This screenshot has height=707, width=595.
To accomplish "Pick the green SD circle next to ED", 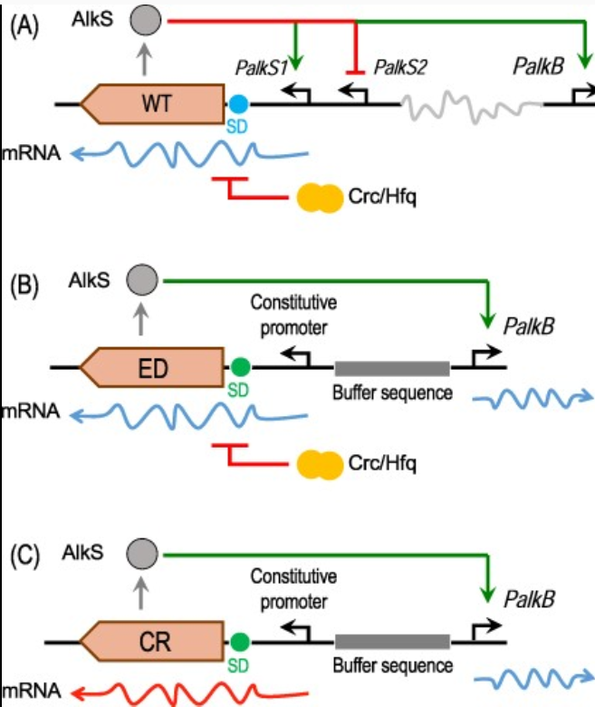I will (240, 368).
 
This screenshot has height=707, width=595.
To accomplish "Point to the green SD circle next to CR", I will (240, 642).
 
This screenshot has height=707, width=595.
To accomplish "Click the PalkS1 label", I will (259, 66).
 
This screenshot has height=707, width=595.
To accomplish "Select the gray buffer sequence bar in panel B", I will (391, 368).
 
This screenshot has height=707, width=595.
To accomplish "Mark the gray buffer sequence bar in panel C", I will (391, 642).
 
